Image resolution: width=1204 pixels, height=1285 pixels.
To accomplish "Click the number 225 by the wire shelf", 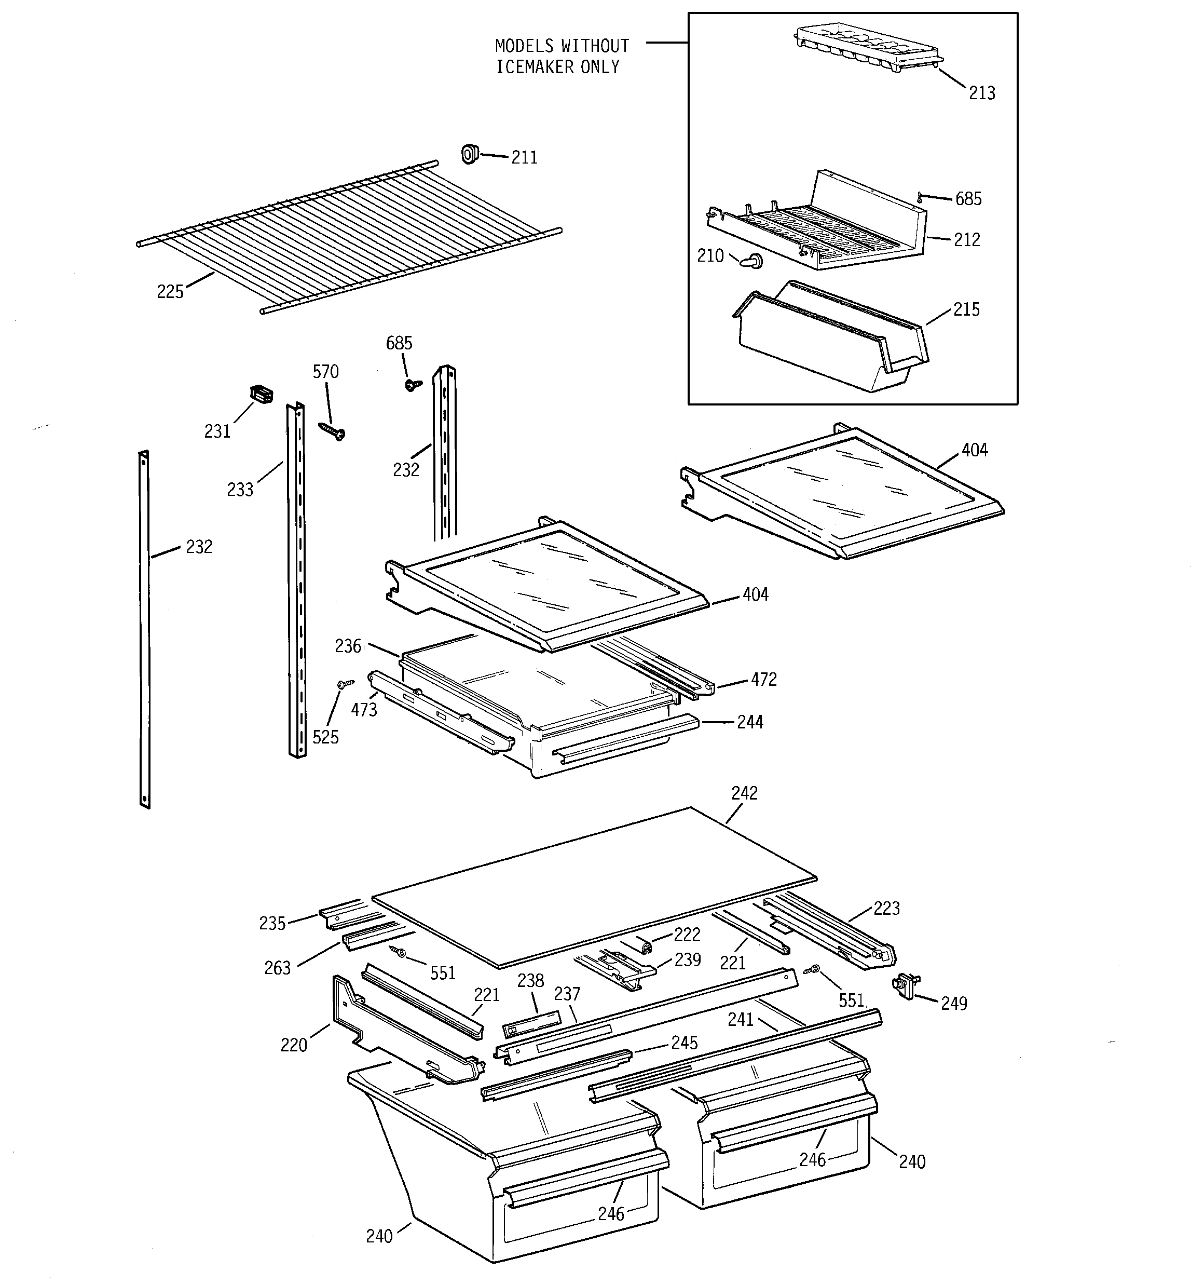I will tap(170, 292).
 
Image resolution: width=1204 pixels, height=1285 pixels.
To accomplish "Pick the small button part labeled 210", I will tap(751, 262).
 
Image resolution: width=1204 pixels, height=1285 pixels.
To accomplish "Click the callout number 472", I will tap(763, 679).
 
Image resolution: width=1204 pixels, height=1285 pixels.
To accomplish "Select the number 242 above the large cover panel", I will tap(744, 793).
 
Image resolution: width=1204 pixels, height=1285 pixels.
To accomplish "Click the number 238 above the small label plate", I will tap(530, 981).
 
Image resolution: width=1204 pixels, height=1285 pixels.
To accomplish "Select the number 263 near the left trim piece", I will tap(277, 968).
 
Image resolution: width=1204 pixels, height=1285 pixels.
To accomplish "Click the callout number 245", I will tap(684, 1043).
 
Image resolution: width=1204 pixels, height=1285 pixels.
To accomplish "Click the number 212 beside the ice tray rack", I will tap(967, 240).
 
